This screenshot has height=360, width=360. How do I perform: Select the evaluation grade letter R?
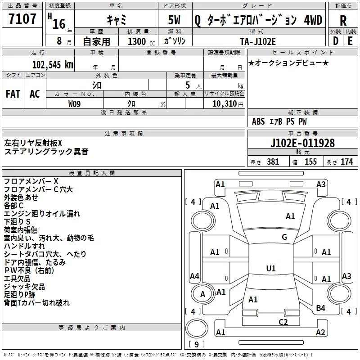[x=343, y=20]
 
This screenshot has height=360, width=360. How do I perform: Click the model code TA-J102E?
[x=258, y=41]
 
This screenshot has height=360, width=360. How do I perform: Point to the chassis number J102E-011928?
[x=302, y=144]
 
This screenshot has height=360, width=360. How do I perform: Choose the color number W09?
[x=75, y=103]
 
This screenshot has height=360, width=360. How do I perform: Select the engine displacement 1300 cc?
[x=137, y=41]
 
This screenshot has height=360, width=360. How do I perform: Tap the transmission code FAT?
[x=13, y=94]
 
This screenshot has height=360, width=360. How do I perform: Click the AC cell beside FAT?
[x=35, y=94]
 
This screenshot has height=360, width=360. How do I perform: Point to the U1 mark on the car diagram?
[x=270, y=269]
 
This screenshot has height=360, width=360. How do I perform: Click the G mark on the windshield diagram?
[x=284, y=237]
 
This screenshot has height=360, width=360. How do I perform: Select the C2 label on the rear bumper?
[x=283, y=322]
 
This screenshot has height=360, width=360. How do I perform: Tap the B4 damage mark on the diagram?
[x=320, y=308]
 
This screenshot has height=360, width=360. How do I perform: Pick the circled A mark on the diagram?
[x=202, y=295]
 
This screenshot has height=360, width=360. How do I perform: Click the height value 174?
[x=347, y=162]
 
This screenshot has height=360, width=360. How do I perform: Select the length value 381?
[x=273, y=162]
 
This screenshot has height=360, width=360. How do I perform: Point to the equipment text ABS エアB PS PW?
[x=279, y=121]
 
